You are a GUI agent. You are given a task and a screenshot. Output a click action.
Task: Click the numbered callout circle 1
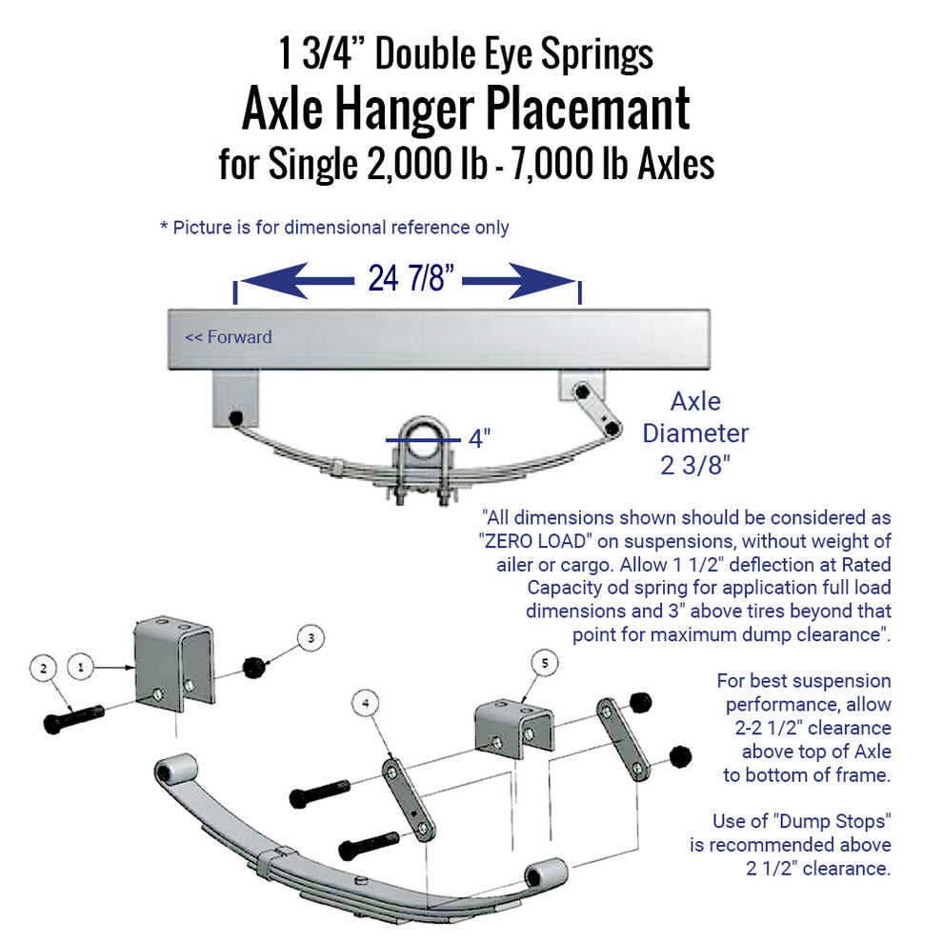(83, 669)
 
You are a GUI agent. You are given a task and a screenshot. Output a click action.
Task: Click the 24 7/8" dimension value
(408, 280)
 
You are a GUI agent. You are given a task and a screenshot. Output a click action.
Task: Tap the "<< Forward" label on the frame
(228, 337)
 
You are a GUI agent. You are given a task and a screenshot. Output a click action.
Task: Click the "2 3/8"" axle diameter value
(695, 466)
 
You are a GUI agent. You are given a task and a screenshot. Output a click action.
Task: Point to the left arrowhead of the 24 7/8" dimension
(257, 280)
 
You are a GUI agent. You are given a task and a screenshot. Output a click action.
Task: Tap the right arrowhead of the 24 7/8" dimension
(557, 280)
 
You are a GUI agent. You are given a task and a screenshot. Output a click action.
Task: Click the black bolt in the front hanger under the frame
(234, 418)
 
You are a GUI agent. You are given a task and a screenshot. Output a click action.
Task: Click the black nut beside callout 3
(255, 668)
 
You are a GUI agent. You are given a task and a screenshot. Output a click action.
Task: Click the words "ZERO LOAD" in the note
(538, 541)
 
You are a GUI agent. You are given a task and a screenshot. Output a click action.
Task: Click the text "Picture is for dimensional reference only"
(341, 228)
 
